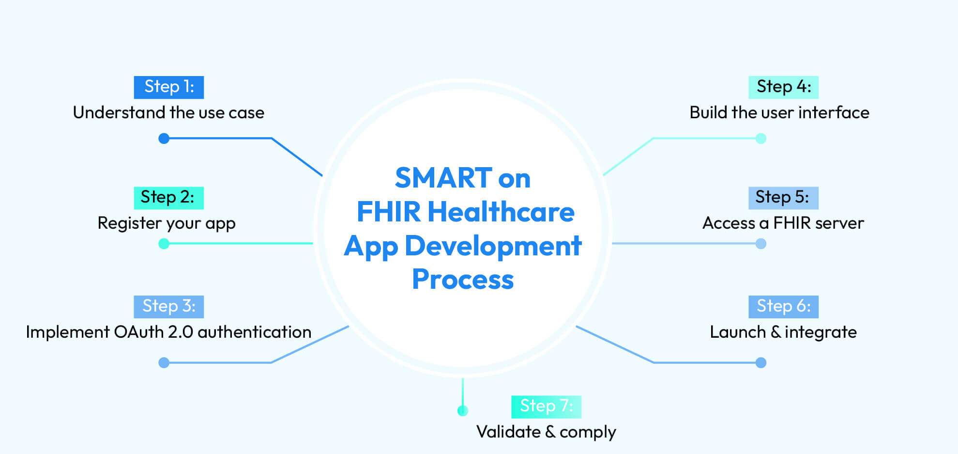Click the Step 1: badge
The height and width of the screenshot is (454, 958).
[168, 87]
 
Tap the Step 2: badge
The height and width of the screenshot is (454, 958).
[168, 198]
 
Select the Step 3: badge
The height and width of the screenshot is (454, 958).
[168, 307]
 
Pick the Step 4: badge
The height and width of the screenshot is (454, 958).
[783, 87]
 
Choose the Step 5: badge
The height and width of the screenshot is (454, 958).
[783, 198]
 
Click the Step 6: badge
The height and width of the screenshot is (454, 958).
[783, 307]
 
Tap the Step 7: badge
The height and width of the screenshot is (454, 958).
[546, 407]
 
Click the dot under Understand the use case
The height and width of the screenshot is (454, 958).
[164, 139]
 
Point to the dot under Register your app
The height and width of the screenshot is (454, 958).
[164, 243]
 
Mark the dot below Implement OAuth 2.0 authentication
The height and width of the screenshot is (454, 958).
[164, 362]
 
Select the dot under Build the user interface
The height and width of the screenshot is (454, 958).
[761, 139]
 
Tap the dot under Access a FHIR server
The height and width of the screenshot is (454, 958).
[761, 243]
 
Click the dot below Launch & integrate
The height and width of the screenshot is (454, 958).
[761, 362]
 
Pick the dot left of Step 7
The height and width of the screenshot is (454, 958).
[463, 411]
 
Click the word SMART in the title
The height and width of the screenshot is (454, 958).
[443, 178]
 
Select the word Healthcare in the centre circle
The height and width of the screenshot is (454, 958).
[501, 212]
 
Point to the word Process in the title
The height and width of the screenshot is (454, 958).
[463, 280]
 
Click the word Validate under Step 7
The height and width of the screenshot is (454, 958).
[508, 432]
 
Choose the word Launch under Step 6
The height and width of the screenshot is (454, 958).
[737, 332]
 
